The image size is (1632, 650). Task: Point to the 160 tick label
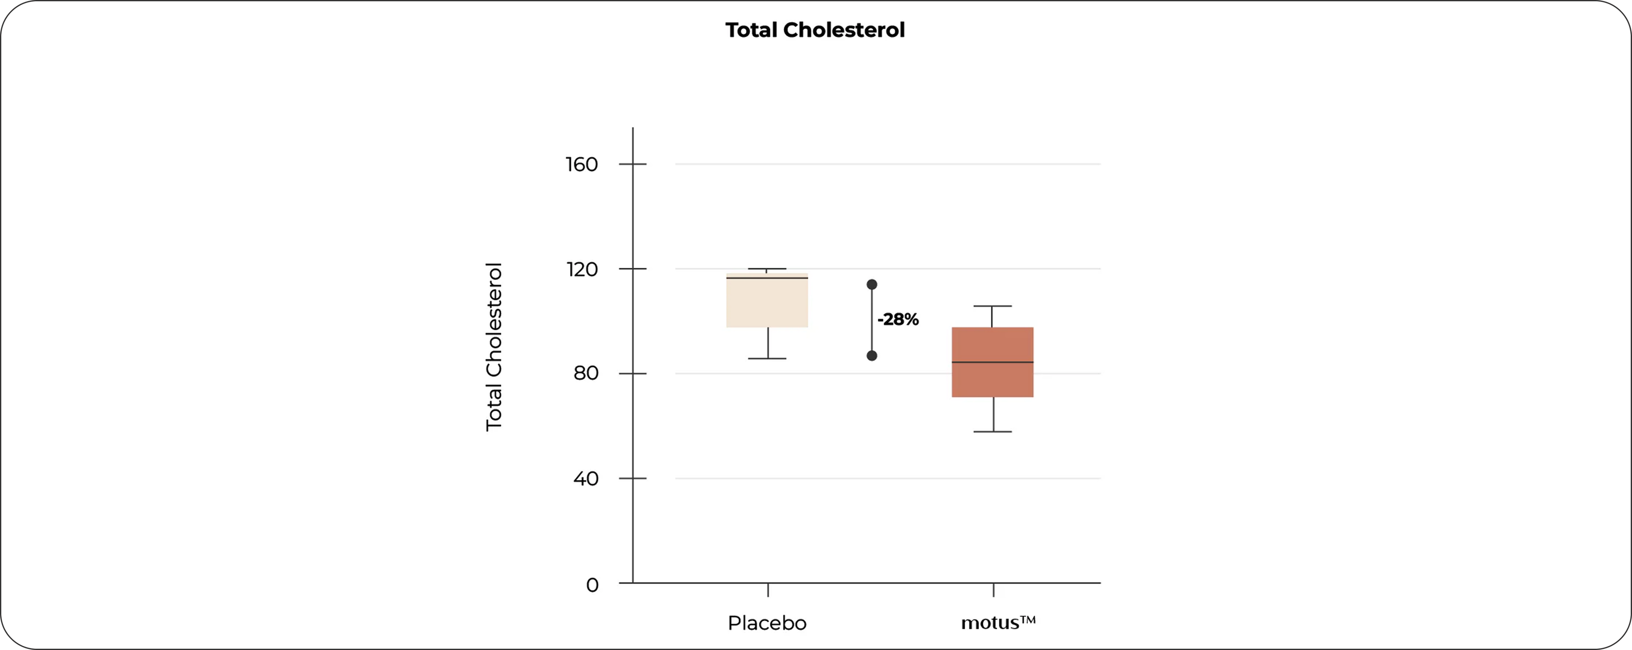coord(582,165)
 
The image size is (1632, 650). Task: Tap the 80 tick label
coord(585,373)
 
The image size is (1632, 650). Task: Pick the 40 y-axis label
coord(585,478)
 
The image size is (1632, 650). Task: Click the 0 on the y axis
coord(592,584)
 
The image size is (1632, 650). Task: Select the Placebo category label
coord(767,623)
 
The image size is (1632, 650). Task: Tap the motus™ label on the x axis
coord(998,623)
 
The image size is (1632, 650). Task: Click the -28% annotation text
coord(898,319)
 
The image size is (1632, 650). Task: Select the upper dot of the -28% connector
coord(872,284)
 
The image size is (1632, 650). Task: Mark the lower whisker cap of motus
coord(993,432)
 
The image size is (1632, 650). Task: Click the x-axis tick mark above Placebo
coord(768,590)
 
